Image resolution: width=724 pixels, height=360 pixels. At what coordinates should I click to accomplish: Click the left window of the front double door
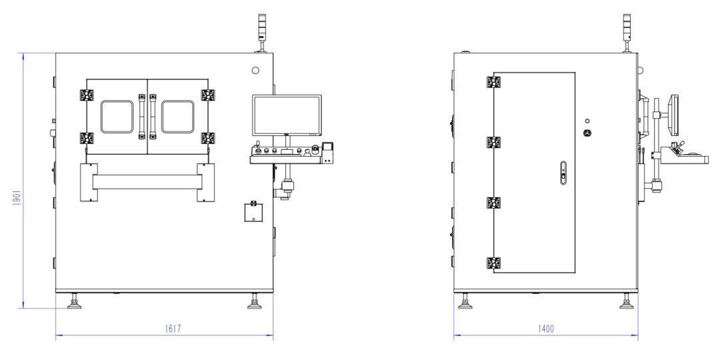116,117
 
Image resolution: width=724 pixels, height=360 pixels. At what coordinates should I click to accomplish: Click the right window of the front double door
177,117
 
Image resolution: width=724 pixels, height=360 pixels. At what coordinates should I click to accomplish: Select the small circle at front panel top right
255,70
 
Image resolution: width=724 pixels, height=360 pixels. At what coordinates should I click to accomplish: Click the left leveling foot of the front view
73,305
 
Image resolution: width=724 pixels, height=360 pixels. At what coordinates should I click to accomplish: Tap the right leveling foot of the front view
254,305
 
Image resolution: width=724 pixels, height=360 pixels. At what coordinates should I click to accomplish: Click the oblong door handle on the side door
562,173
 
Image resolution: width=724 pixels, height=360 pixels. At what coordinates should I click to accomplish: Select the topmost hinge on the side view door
494,81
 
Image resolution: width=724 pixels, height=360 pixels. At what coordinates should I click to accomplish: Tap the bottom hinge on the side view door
494,263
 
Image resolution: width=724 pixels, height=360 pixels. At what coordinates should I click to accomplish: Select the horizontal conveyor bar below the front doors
147,181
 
